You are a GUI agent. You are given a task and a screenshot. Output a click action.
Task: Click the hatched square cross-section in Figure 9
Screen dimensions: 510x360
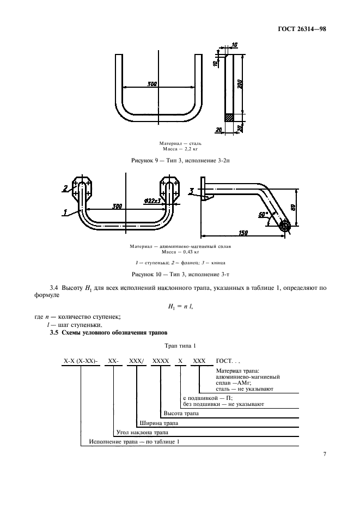click(x=229, y=117)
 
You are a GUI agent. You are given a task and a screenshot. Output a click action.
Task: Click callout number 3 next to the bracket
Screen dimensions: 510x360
click(x=192, y=191)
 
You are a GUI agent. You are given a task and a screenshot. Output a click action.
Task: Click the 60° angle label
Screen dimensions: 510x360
click(x=263, y=215)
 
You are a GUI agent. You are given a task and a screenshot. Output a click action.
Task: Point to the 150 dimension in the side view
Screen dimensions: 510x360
click(x=243, y=233)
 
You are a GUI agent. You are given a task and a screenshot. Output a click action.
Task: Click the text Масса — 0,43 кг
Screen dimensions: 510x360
click(x=180, y=252)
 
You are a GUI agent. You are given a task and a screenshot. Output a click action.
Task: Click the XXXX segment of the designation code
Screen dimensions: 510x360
click(x=160, y=361)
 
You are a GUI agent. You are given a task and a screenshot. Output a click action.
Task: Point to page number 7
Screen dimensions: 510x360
click(x=324, y=453)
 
